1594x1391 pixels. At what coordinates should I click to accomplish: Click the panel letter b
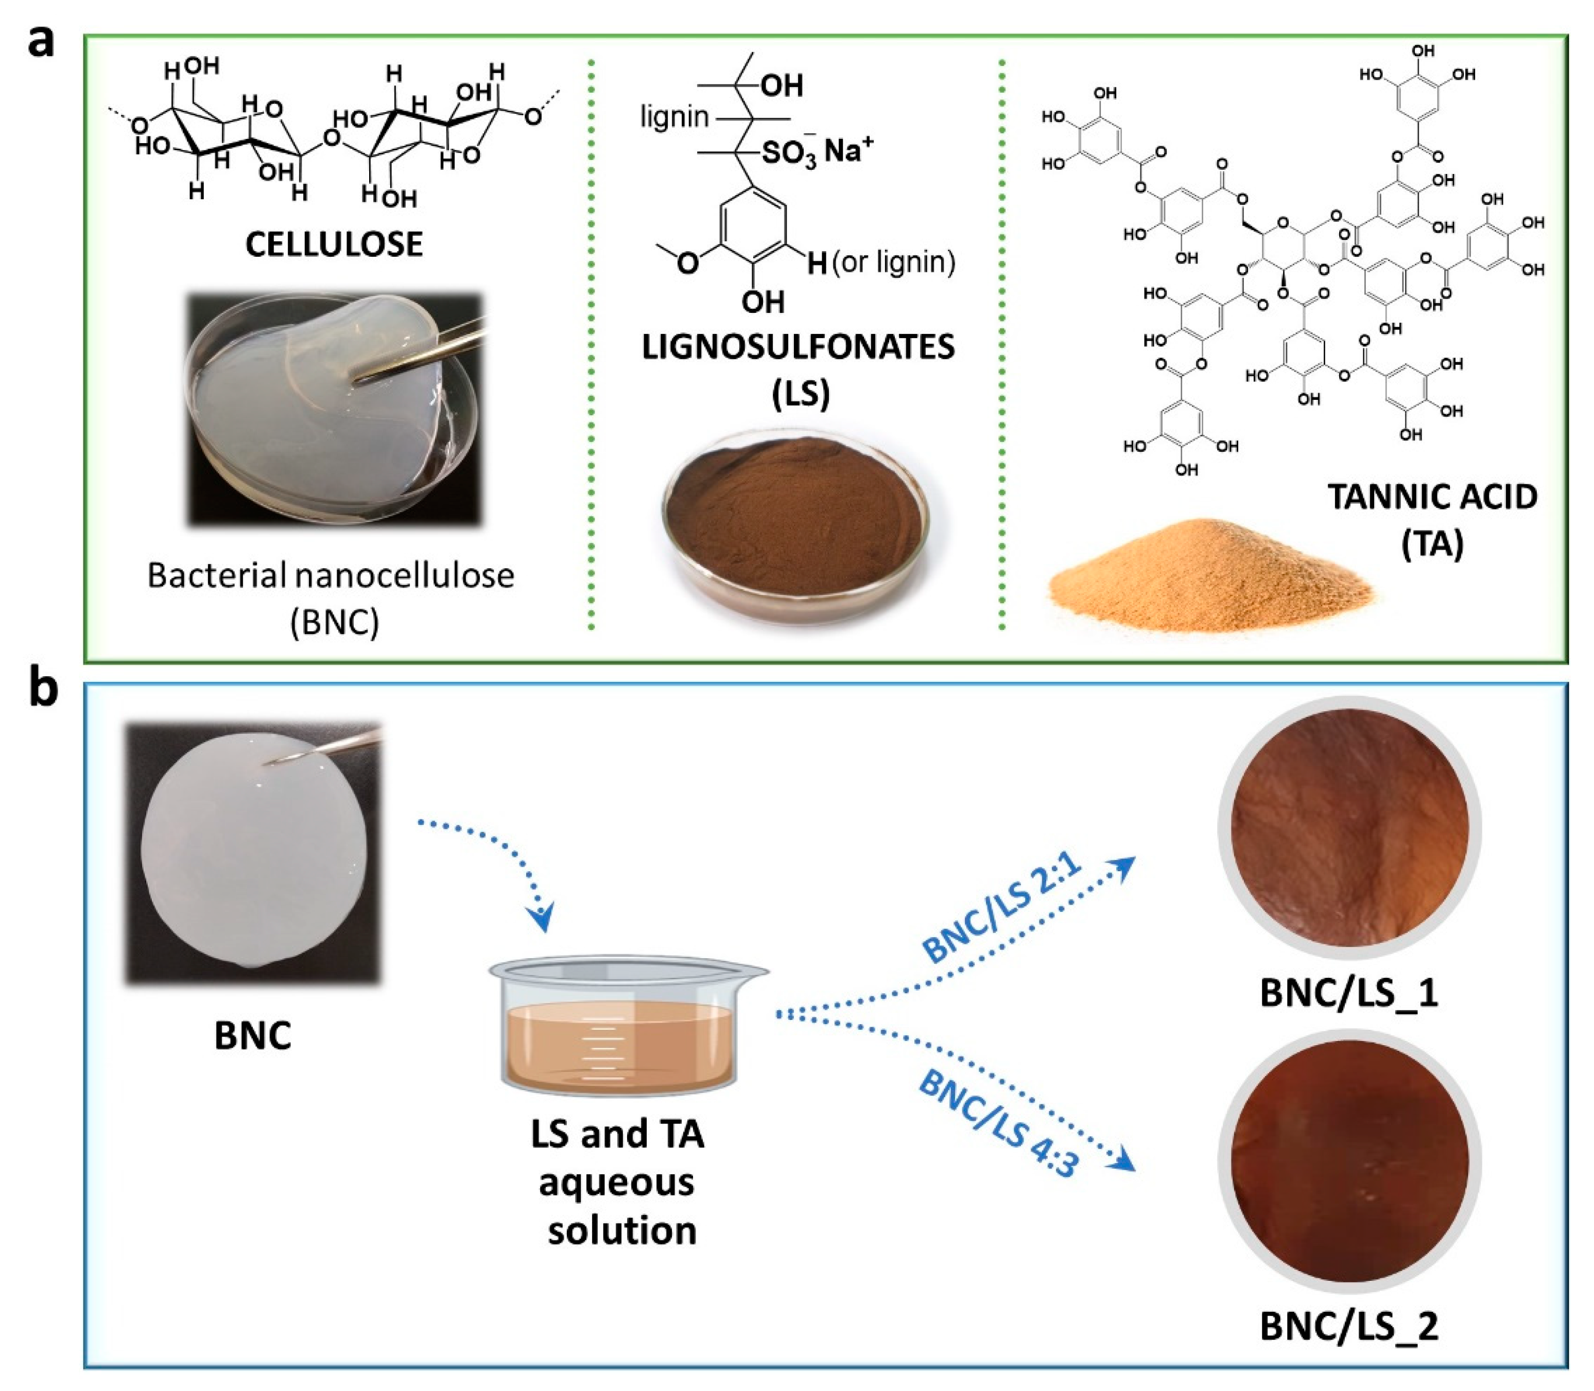(x=43, y=689)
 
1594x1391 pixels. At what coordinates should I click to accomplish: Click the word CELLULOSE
(x=334, y=244)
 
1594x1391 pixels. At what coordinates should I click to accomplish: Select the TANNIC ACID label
(x=1432, y=497)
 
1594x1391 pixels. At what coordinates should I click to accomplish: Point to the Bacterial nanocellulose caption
(x=332, y=576)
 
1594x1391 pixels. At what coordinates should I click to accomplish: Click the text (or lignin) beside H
(x=893, y=262)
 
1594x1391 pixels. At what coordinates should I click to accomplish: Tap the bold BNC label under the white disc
(x=253, y=1035)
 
